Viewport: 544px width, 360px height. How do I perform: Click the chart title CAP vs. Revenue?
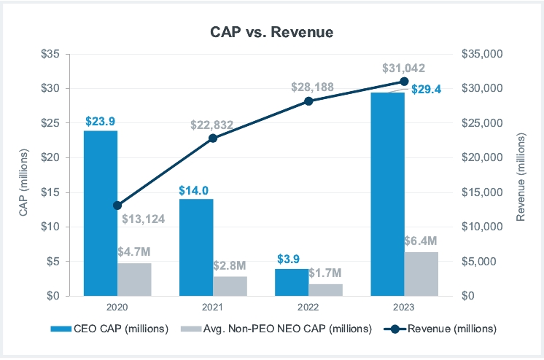coord(272,32)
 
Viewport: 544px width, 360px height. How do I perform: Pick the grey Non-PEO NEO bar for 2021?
coord(230,286)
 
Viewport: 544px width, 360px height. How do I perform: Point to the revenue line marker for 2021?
coord(213,138)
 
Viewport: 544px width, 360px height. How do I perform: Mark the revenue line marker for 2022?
coord(308,101)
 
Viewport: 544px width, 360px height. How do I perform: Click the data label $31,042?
coord(404,68)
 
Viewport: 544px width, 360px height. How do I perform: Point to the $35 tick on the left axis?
coord(55,54)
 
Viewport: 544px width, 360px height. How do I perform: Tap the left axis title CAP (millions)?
coord(23,175)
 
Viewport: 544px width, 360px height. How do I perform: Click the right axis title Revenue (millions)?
coord(521,175)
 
